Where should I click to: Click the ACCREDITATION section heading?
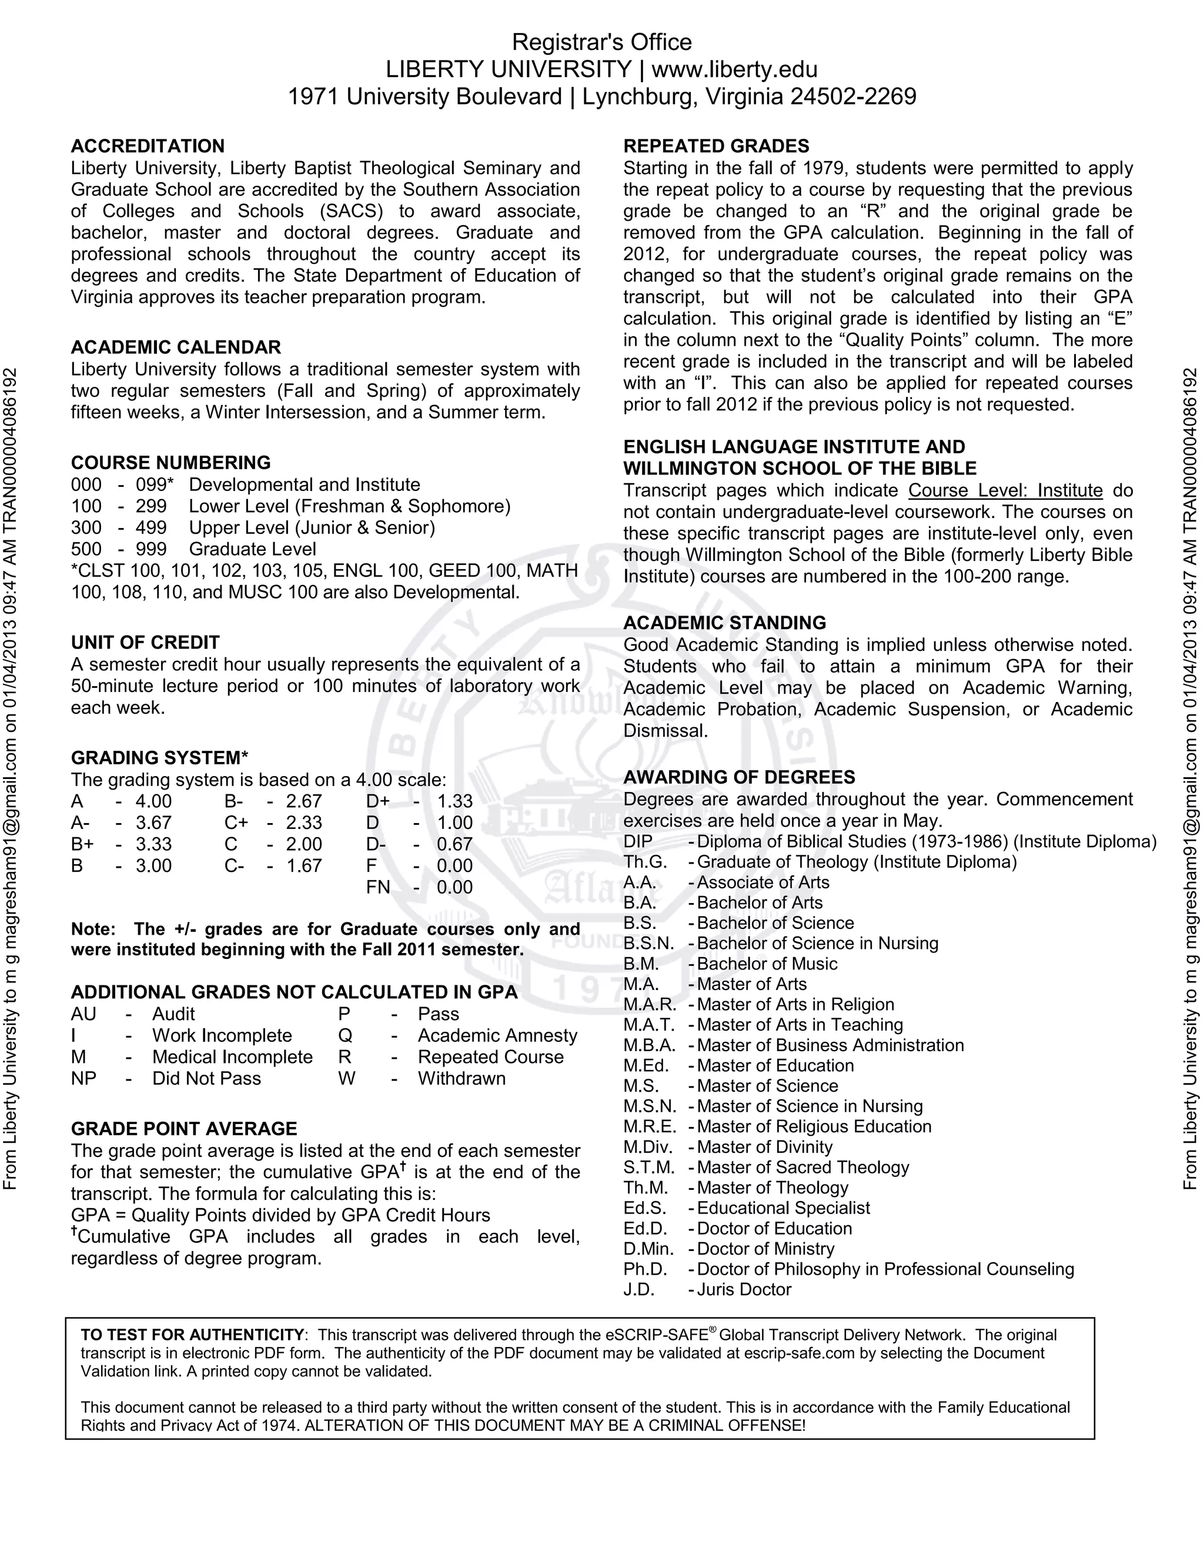coord(148,146)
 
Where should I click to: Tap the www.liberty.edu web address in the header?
coord(735,69)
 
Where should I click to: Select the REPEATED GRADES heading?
coord(716,146)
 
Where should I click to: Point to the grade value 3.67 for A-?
coord(153,823)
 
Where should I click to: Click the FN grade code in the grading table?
coord(378,887)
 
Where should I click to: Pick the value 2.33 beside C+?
coord(304,823)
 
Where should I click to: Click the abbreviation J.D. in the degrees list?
coord(638,1290)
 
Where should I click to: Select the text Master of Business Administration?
coord(830,1045)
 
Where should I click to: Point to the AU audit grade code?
coord(83,1014)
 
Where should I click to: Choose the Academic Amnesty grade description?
coord(497,1035)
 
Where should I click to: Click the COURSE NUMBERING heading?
coord(170,463)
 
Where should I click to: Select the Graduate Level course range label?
coord(252,549)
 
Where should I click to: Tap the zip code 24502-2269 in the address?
coord(853,96)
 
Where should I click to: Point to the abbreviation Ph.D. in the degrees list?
coord(645,1269)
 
